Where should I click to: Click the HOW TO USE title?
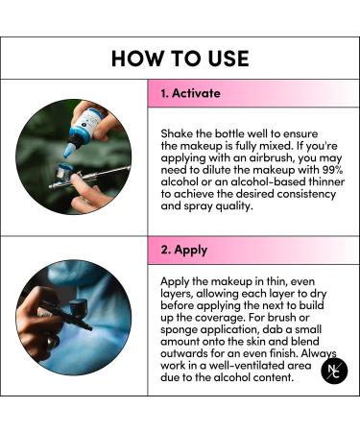pyautogui.click(x=180, y=58)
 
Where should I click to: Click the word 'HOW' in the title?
pyautogui.click(x=133, y=58)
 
